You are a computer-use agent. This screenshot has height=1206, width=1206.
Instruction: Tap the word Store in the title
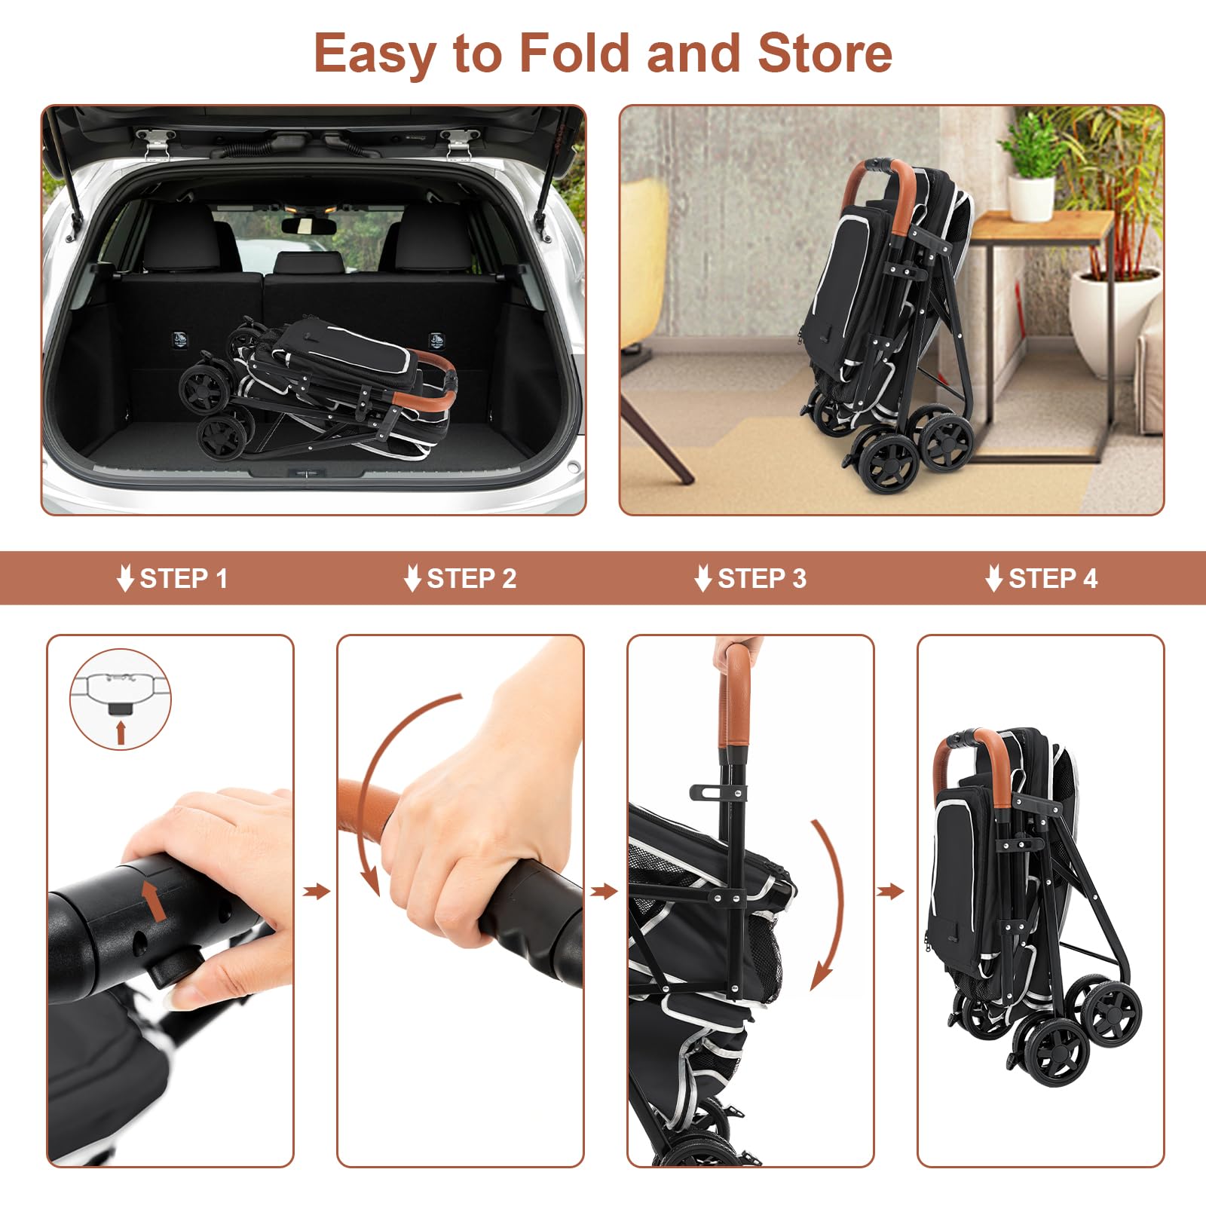click(825, 53)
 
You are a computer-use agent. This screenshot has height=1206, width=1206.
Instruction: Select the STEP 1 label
click(183, 579)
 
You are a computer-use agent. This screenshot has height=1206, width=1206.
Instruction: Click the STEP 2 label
click(471, 579)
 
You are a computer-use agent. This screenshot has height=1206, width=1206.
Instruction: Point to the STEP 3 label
click(761, 579)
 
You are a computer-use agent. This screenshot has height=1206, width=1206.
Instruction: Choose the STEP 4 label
click(1052, 579)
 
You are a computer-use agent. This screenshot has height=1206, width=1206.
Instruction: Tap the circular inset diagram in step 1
click(121, 699)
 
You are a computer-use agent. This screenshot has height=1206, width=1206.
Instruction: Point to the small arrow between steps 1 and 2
click(317, 892)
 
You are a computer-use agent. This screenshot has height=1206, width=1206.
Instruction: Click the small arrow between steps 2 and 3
click(604, 892)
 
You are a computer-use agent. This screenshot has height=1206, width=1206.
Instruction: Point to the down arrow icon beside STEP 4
click(993, 579)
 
